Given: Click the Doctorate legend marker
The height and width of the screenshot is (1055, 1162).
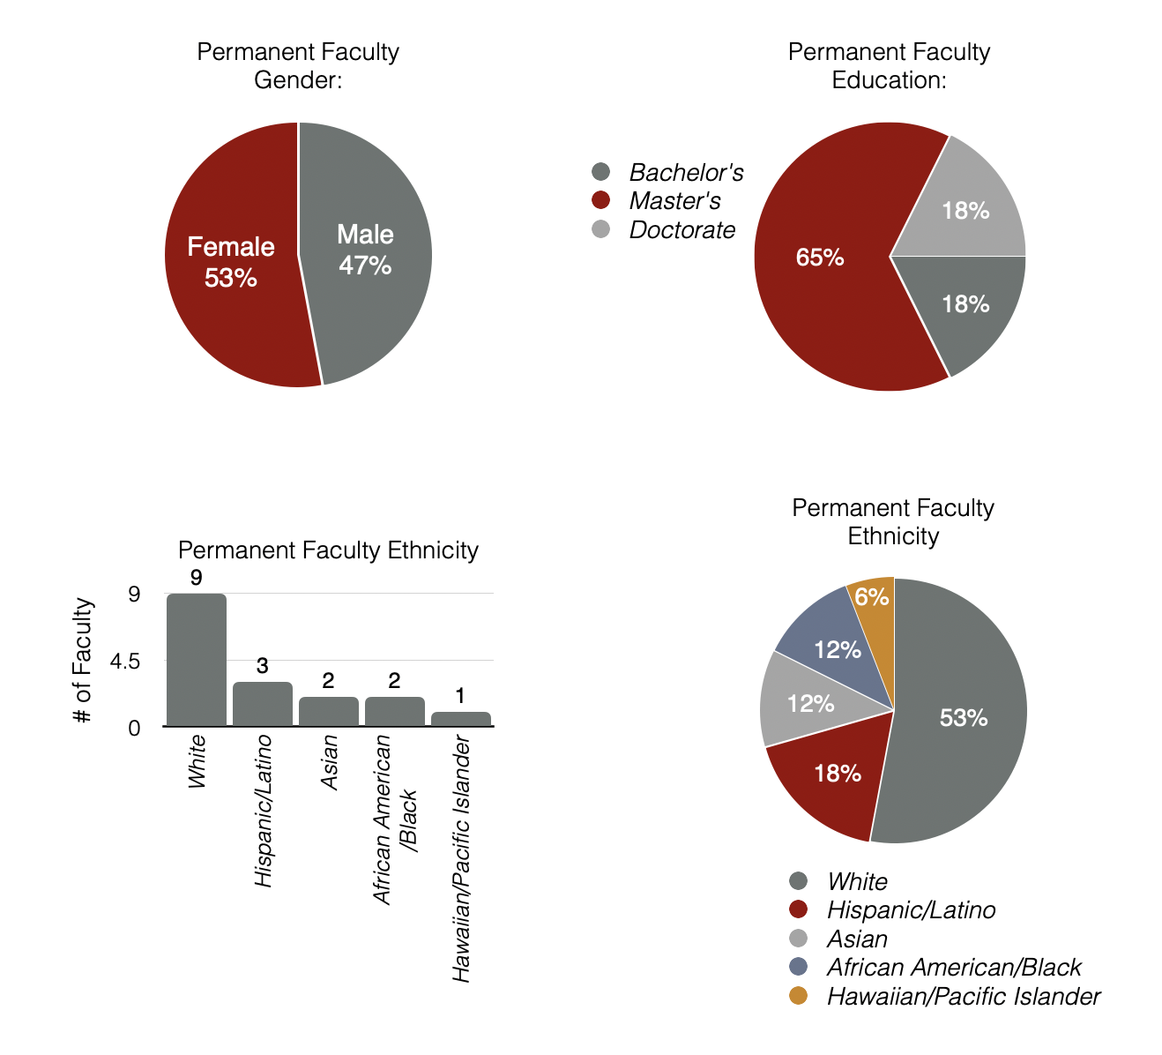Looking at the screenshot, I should (601, 230).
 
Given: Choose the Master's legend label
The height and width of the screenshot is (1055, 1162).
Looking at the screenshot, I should (674, 201).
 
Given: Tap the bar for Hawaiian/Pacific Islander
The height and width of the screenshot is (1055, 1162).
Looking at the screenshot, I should (461, 719).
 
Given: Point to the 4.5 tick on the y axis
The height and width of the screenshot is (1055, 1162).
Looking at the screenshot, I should (123, 662).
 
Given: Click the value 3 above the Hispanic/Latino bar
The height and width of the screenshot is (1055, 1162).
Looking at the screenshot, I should (262, 666).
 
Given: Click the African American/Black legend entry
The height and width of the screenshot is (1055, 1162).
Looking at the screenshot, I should (953, 968).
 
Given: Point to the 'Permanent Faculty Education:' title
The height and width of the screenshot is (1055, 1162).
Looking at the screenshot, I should (889, 66).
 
